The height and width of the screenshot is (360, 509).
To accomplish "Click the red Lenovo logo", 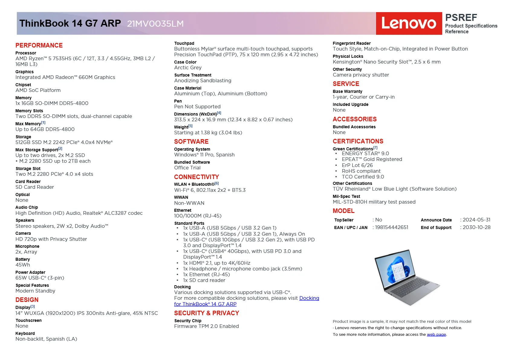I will (x=409, y=24).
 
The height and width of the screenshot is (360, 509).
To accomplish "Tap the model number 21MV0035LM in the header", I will (x=155, y=24).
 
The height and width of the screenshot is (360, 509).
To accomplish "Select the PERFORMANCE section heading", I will (x=39, y=45).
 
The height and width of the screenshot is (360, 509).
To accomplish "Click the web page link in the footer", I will (x=436, y=335).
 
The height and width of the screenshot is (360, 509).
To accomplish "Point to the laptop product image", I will (x=407, y=277).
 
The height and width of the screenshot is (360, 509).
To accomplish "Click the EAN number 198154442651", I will (x=391, y=227).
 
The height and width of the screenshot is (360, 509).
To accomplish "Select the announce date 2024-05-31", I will (x=476, y=220).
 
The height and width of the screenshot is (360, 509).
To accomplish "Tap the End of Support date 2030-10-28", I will (x=476, y=227).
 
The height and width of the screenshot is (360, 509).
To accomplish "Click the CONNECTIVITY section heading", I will (x=196, y=177).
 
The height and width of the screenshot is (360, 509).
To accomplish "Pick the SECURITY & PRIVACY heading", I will (x=206, y=313).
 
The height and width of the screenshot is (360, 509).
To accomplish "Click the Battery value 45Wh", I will (x=23, y=265).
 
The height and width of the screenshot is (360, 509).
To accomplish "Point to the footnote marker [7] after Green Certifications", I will (x=375, y=148).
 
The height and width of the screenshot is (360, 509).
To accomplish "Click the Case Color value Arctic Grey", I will (x=188, y=68).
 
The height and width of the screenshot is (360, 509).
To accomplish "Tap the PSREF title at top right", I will (x=461, y=18).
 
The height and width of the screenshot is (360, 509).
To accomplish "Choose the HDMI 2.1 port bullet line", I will (x=216, y=263).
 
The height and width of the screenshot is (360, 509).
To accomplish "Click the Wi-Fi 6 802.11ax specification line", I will (x=210, y=190).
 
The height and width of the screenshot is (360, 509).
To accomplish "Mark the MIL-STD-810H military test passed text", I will (x=374, y=202).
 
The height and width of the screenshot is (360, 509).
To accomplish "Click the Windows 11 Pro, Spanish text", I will (x=204, y=155).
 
